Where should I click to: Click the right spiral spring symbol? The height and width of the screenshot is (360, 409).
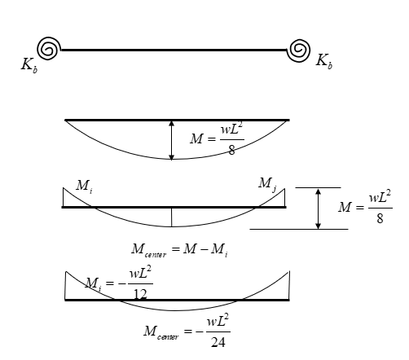(299, 50)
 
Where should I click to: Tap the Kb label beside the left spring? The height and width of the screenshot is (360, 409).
(29, 65)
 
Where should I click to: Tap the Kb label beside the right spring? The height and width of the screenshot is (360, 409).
(324, 61)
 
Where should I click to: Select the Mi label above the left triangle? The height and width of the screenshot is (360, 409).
(84, 187)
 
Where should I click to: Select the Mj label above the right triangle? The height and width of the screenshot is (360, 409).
(267, 184)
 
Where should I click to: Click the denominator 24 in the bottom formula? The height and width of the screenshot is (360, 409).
(218, 342)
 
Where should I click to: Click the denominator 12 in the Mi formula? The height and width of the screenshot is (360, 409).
(140, 294)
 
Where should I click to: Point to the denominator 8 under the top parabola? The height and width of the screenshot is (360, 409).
(231, 150)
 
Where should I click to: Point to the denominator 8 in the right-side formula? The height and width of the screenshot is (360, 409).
(380, 218)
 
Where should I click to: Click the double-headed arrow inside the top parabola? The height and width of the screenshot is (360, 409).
(171, 140)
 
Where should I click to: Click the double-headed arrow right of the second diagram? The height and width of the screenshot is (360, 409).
(318, 209)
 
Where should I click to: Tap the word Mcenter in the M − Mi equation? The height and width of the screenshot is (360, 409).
(148, 250)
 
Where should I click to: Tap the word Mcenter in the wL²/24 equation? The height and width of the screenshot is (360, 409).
(161, 332)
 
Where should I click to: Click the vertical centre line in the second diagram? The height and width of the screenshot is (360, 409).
(171, 217)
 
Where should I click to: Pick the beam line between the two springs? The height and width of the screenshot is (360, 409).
(174, 50)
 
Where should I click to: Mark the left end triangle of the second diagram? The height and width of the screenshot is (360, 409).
(73, 200)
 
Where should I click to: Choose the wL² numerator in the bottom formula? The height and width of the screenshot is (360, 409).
(218, 321)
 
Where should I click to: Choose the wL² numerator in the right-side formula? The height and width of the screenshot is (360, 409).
(380, 197)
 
